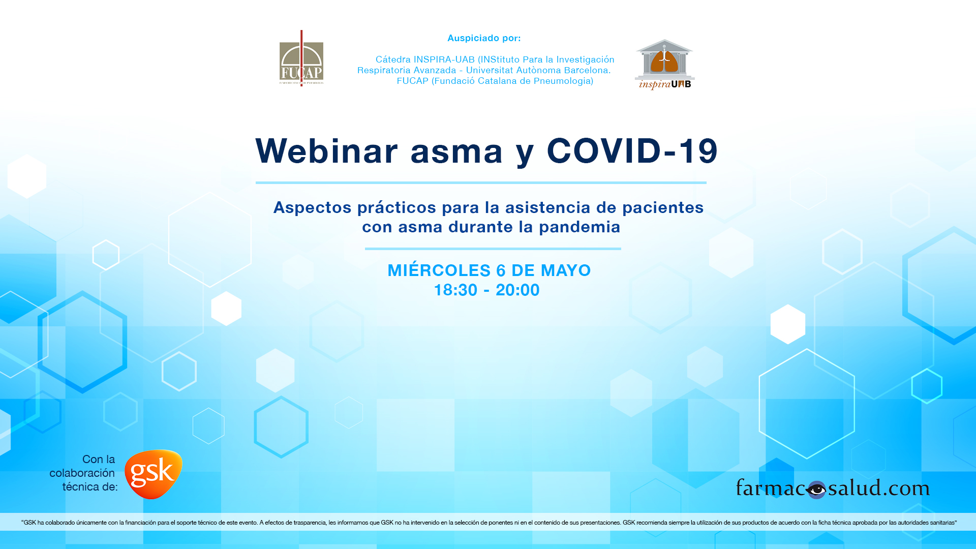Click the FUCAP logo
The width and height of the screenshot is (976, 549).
pos(301,58)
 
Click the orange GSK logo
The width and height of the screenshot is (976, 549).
pos(153,474)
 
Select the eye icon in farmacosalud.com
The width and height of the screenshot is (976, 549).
pos(816,490)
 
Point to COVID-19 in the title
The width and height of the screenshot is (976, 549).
pos(632,151)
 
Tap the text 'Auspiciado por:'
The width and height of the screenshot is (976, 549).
pos(484,38)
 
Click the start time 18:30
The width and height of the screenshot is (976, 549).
pos(455,290)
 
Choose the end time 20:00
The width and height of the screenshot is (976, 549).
pos(517,290)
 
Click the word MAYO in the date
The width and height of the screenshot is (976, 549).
pos(566,270)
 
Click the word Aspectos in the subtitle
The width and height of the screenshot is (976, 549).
pos(312,208)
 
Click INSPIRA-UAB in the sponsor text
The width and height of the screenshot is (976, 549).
pos(444,59)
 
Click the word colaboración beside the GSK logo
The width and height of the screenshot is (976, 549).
pos(82,473)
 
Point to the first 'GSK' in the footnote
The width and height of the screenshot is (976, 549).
pos(30,523)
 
